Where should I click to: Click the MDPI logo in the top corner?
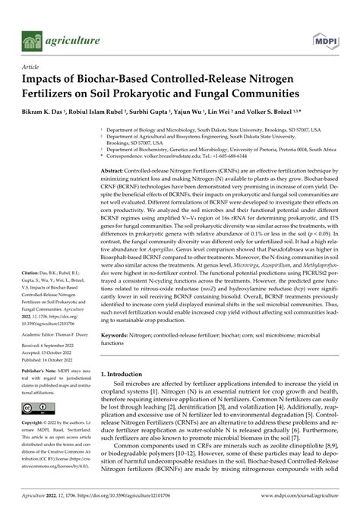coord(326,39)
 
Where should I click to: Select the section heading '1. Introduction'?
coord(125,375)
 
